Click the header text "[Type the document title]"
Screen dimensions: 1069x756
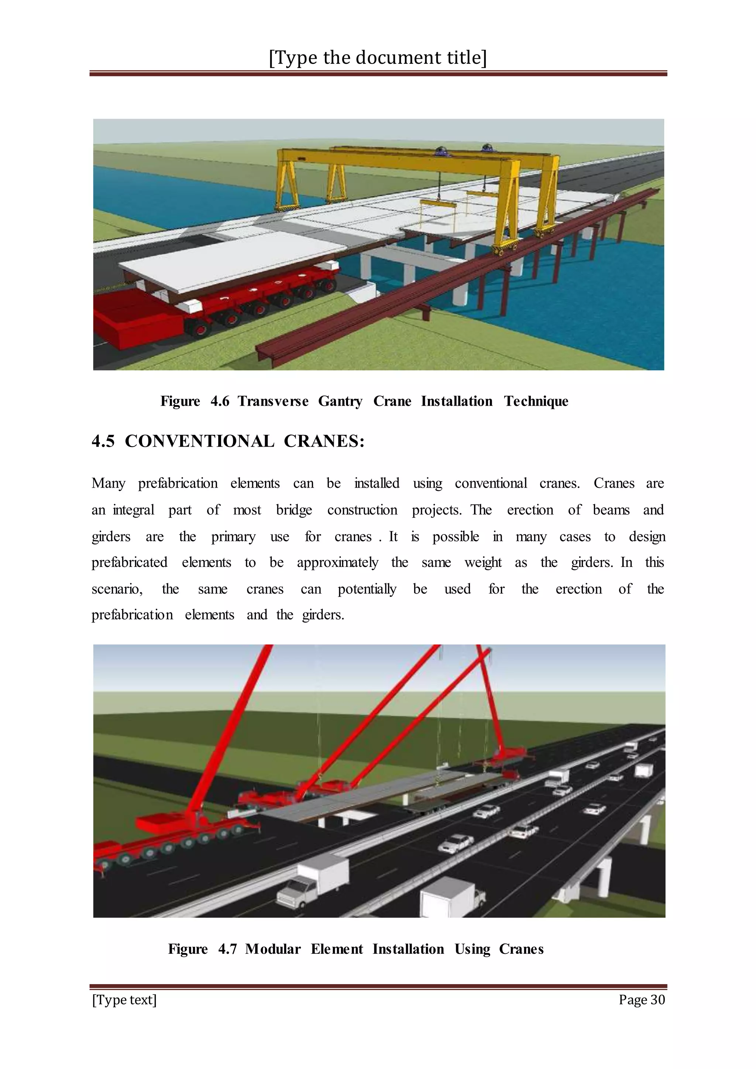(x=378, y=58)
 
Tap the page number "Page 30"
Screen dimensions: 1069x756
(x=642, y=999)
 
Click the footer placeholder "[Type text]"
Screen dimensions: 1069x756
(x=124, y=1000)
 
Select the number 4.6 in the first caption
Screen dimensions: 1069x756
(x=220, y=401)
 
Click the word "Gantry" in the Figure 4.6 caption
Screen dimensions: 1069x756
(x=340, y=401)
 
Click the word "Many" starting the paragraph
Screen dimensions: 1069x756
(x=109, y=483)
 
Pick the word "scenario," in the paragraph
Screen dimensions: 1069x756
(x=117, y=589)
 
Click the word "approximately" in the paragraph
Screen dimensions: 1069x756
(x=337, y=563)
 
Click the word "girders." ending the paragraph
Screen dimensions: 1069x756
(x=323, y=615)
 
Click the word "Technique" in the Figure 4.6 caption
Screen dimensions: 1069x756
(x=536, y=401)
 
